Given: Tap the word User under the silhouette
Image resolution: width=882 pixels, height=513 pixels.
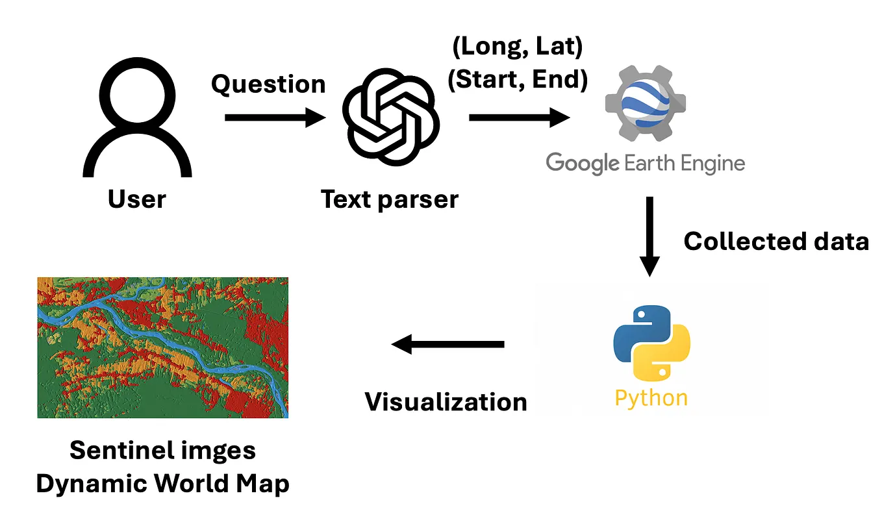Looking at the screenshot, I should tap(137, 199).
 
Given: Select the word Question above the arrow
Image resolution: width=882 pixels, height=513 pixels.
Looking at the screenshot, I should tap(268, 84).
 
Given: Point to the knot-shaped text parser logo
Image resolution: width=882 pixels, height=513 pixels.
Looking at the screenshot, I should tap(391, 120).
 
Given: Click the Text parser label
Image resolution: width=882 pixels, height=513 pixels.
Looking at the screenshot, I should tap(390, 199).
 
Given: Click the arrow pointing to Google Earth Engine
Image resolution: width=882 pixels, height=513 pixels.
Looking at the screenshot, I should tap(519, 118).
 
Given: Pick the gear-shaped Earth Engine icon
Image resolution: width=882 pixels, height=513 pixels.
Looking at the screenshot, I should tap(644, 105).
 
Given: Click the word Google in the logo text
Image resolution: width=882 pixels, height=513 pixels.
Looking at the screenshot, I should tap(582, 162).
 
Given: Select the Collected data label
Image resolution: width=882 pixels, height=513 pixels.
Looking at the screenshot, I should tap(776, 241).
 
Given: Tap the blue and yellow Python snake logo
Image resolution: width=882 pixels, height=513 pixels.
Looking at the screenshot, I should tap(651, 343).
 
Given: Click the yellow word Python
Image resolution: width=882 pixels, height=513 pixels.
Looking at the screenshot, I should tap(651, 397).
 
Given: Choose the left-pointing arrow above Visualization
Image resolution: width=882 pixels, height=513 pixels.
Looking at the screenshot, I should tap(447, 344).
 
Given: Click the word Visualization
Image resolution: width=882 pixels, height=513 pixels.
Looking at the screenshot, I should tap(446, 401).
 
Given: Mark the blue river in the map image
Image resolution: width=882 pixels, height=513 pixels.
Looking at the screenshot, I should tap(162, 338).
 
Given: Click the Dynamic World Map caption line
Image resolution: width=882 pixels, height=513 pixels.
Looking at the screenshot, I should tap(162, 484).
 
